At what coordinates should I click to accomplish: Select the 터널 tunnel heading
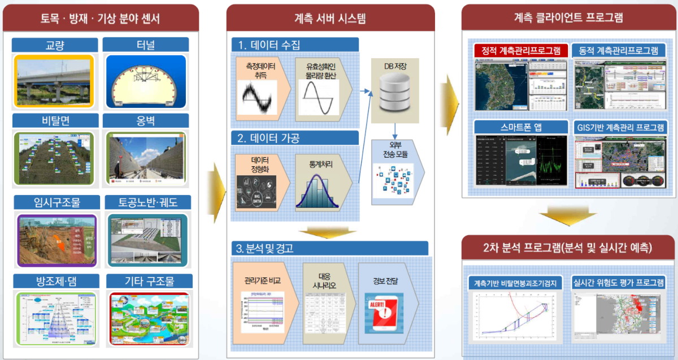pos(145,45)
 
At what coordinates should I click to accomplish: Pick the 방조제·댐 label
pos(55,281)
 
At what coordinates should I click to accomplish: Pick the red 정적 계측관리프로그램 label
pos(520,51)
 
